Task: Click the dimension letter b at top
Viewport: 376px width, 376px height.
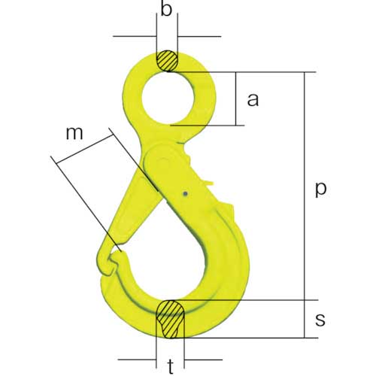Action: click(x=166, y=9)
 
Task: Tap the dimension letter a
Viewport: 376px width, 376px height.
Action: click(x=253, y=99)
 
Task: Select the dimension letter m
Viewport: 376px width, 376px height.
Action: click(x=74, y=133)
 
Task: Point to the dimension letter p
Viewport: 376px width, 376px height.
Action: click(x=320, y=190)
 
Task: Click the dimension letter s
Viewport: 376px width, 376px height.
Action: click(x=320, y=320)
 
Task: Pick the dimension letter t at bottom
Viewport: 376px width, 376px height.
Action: click(x=171, y=367)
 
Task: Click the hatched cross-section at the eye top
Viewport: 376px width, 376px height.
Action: click(x=167, y=61)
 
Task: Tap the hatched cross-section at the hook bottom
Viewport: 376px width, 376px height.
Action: click(x=170, y=319)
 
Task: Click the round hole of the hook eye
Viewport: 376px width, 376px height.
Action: click(x=168, y=99)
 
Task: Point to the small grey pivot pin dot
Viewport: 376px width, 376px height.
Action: click(x=185, y=193)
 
